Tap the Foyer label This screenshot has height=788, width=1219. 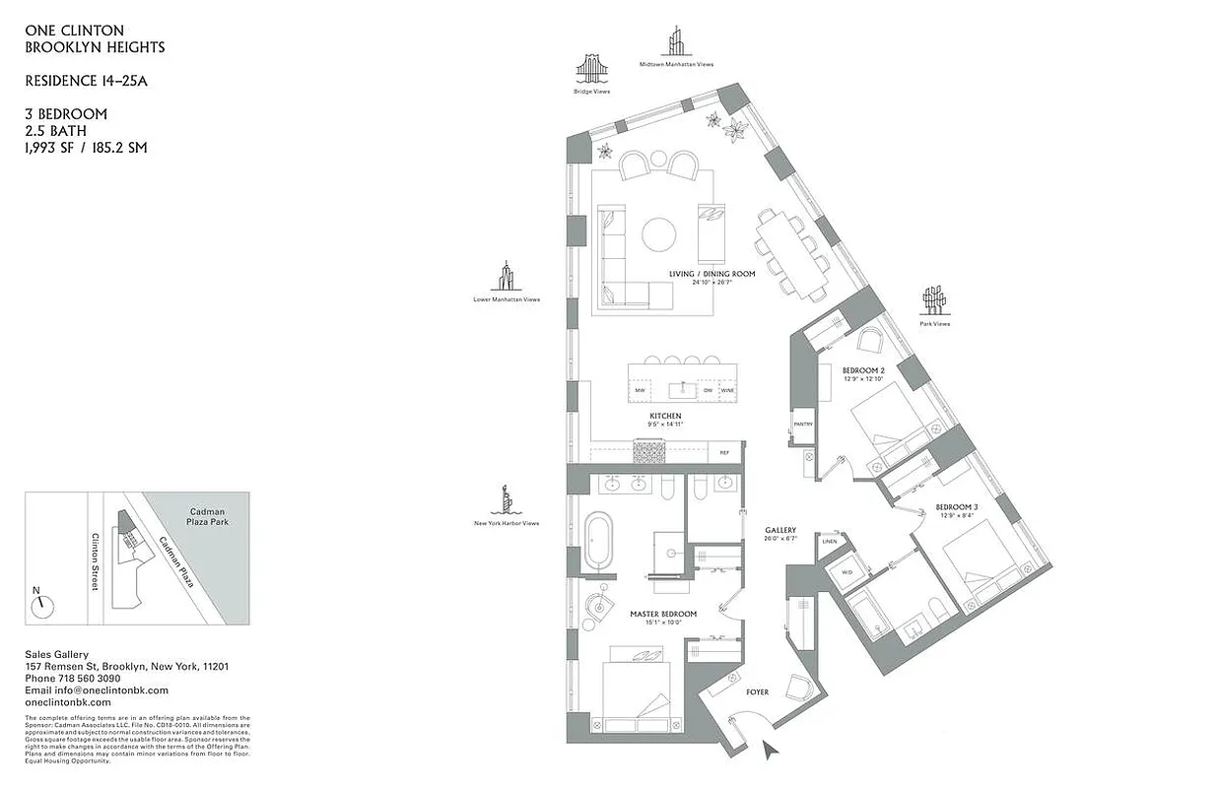click(757, 692)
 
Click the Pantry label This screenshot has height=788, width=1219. click(802, 426)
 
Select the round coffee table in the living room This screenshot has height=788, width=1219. click(660, 235)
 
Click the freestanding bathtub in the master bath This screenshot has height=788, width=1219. click(599, 542)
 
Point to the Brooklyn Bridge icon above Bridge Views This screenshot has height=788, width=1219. click(592, 69)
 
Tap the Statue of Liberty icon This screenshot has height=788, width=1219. click(505, 500)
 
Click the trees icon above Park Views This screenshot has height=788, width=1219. click(933, 299)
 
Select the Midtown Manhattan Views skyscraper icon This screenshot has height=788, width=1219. click(676, 41)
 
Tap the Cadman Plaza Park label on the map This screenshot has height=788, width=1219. click(208, 519)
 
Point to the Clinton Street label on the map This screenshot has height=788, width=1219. click(97, 561)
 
